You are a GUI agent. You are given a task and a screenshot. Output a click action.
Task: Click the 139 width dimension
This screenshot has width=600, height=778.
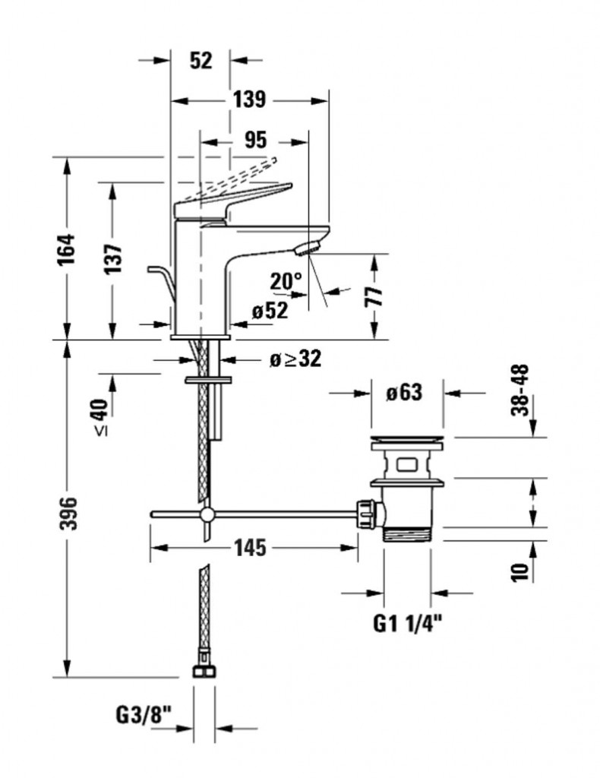[249, 99]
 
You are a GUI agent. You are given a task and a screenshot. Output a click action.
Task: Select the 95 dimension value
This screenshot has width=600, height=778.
[256, 140]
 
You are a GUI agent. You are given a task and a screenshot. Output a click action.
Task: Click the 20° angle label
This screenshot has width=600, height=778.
[286, 282]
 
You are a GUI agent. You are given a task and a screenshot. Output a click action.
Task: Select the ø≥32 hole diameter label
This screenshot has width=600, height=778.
[295, 359]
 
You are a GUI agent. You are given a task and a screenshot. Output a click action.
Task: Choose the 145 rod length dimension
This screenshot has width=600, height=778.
[249, 548]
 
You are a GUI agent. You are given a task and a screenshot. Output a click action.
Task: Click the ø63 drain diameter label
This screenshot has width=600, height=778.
[403, 393]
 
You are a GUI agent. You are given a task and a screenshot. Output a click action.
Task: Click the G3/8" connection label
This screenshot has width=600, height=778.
[144, 714]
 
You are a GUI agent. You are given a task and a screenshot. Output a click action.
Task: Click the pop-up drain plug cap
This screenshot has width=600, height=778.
[406, 440]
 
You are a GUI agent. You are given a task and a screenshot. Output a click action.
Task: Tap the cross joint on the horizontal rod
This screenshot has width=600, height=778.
[206, 515]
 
